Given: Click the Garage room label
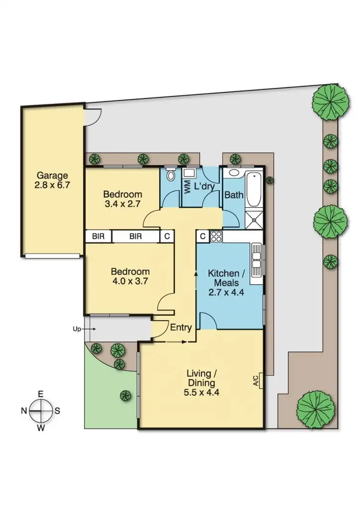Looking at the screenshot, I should (52, 175).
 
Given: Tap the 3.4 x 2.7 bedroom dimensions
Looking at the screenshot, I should (122, 203).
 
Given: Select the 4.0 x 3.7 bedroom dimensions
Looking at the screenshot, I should (130, 281).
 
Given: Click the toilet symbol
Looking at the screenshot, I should (171, 175).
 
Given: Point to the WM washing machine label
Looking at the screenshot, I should (187, 187).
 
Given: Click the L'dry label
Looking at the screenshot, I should (204, 187).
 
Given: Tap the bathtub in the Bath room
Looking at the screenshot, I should (253, 190).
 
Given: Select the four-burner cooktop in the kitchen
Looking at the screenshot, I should (216, 236).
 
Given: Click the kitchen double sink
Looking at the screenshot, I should (257, 261).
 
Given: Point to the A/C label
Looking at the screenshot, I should (256, 381).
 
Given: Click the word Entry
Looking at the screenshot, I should (181, 328).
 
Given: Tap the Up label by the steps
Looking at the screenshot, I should (77, 329).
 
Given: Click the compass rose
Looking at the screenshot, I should (41, 411).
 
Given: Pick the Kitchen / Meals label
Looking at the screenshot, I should (226, 278).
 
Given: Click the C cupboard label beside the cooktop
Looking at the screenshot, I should (203, 237).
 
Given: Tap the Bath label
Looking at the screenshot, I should (234, 195).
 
